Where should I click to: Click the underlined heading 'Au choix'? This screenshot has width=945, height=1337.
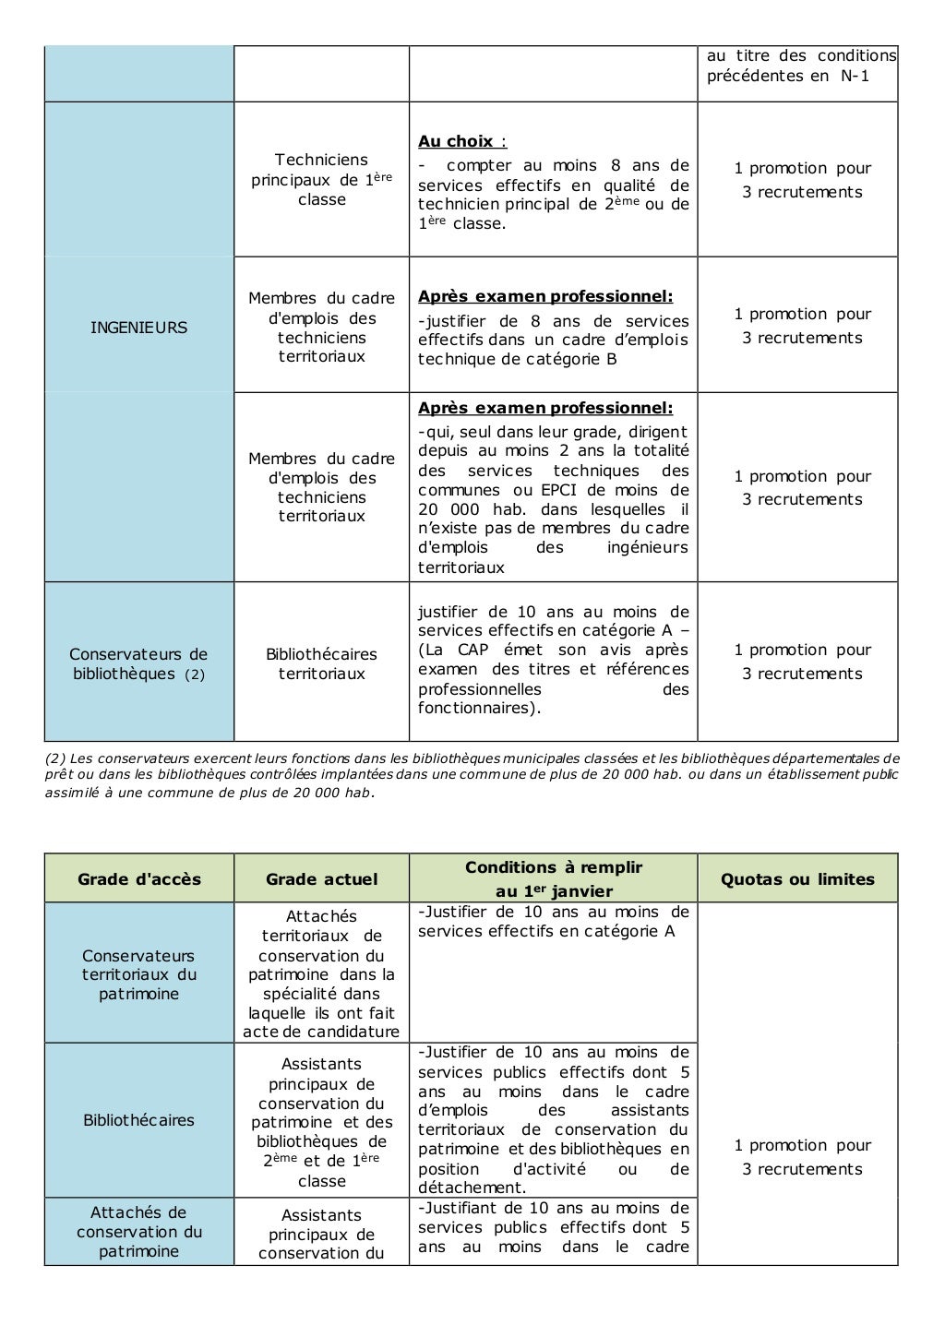point(456,141)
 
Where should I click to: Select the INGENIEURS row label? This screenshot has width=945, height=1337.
point(138,328)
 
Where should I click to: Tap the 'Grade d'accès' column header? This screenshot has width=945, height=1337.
point(138,879)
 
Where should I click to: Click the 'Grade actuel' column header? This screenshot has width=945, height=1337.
point(321,879)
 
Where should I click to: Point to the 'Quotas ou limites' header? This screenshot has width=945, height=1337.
point(797,879)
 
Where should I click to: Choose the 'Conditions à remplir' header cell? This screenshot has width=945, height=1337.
point(553,878)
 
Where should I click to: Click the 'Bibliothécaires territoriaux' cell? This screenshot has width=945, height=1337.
point(321,663)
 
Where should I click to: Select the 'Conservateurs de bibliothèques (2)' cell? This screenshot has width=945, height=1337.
point(138,663)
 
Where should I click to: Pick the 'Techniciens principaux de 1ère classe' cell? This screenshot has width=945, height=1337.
point(321,179)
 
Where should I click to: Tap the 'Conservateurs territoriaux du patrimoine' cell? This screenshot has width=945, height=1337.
point(138,974)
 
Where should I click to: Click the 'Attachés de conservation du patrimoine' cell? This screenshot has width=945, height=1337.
point(138,1232)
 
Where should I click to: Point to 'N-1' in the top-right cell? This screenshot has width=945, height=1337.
point(855,76)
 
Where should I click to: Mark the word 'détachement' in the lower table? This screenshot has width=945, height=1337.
point(471,1188)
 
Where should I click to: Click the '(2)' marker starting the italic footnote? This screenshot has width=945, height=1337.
point(54,758)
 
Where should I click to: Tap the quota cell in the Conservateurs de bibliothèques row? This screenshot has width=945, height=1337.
point(802,662)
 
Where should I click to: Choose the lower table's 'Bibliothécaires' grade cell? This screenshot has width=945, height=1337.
point(138,1120)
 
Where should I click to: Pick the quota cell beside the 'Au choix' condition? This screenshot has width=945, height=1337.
point(802,180)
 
